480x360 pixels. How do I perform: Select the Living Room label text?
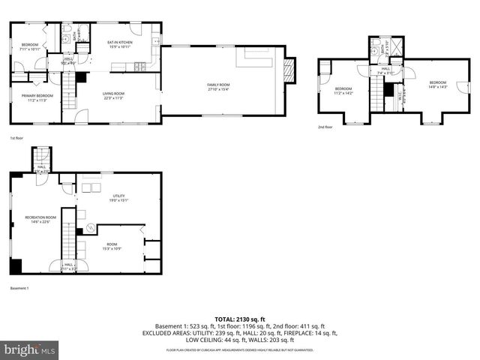point(113,94)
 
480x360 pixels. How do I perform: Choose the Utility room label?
point(118,199)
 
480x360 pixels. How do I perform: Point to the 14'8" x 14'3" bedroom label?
point(437,84)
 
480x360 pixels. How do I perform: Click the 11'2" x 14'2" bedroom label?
point(343,91)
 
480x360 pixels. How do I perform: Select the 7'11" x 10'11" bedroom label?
point(30,46)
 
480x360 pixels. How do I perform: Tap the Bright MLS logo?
point(30,349)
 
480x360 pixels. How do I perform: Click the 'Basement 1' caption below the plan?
point(19,288)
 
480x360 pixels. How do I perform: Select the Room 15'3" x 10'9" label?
point(112,245)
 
